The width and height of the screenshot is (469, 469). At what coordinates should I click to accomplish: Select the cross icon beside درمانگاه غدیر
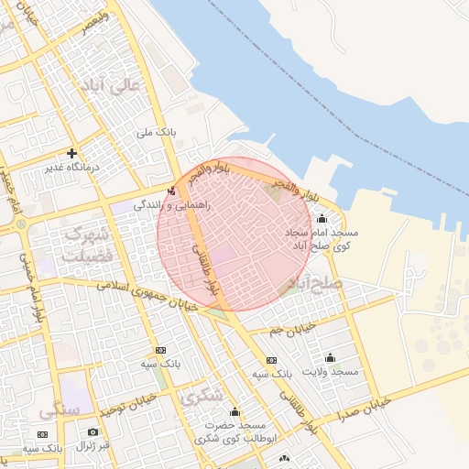71,153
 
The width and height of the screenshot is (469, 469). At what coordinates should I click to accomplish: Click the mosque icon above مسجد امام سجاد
321,219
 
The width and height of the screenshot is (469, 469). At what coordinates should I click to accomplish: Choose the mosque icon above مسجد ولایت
330,357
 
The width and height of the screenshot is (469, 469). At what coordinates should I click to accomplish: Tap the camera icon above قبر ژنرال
92,431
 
